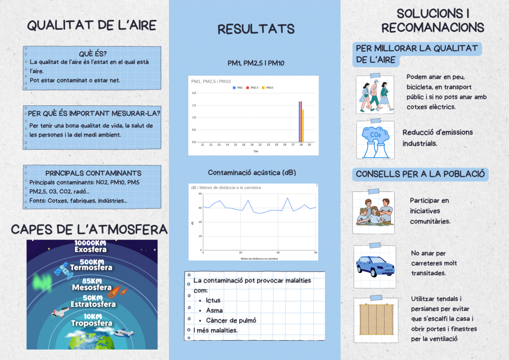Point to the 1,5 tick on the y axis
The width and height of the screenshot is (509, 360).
194,105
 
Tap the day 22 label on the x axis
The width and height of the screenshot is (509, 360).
260,145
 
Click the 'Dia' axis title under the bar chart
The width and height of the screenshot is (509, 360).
256,151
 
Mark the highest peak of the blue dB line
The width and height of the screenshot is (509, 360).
287,198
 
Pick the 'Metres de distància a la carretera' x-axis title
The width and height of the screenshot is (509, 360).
259,259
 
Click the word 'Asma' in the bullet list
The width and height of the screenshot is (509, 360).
214,310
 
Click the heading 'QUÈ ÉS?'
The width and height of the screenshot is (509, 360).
92,54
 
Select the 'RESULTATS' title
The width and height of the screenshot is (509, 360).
256,29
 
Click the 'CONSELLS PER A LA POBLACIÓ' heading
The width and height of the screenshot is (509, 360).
420,174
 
